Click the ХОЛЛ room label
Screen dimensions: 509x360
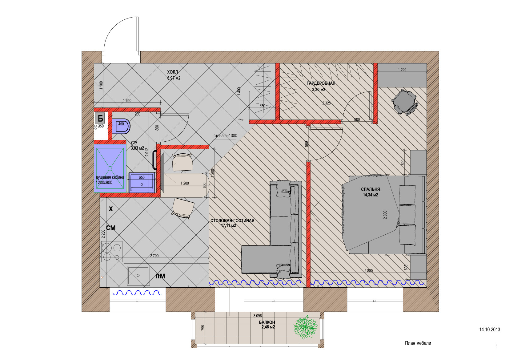172,72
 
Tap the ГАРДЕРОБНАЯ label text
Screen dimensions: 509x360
321,83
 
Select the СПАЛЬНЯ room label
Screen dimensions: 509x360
371,189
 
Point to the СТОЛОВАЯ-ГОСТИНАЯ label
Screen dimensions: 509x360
232,220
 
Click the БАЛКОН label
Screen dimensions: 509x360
267,322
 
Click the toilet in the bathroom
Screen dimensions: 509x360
121,126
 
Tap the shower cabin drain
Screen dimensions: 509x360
110,168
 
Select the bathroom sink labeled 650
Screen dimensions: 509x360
142,182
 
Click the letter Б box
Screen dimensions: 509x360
100,118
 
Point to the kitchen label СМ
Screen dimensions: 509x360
111,228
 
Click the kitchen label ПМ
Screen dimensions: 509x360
160,276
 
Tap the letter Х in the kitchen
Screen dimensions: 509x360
111,209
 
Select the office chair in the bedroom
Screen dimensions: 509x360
405,102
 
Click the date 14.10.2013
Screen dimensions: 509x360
490,330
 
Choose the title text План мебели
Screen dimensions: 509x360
418,343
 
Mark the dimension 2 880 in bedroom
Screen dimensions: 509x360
368,271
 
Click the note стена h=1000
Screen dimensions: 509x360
225,136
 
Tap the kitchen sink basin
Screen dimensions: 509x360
138,276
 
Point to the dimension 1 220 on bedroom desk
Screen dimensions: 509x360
402,70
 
